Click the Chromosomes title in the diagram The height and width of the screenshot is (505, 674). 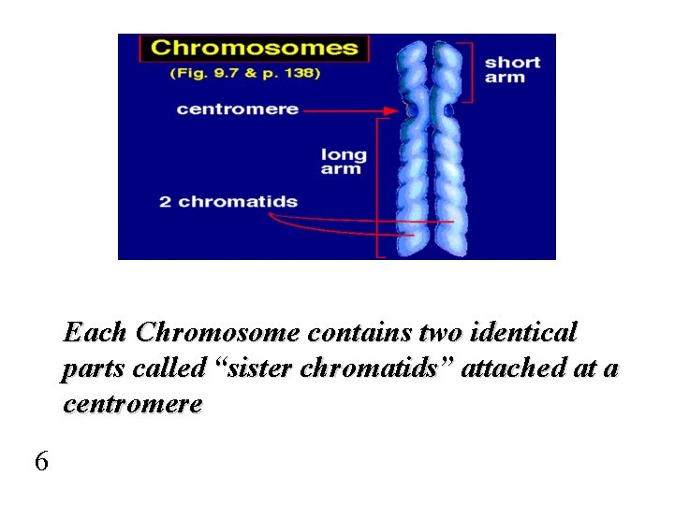254,48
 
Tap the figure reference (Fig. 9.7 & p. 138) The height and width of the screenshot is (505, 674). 244,73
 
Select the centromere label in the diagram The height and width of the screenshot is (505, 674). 238,108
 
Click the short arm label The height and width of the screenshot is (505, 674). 512,69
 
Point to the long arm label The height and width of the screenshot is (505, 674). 344,161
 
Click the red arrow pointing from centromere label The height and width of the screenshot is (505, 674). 356,109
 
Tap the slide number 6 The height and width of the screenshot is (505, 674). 41,461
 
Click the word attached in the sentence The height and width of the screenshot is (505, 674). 511,368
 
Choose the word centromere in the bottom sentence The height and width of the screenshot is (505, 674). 132,404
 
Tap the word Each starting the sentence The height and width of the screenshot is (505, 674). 95,333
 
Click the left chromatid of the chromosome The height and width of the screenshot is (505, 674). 412,150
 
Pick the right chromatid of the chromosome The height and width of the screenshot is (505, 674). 448,150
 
